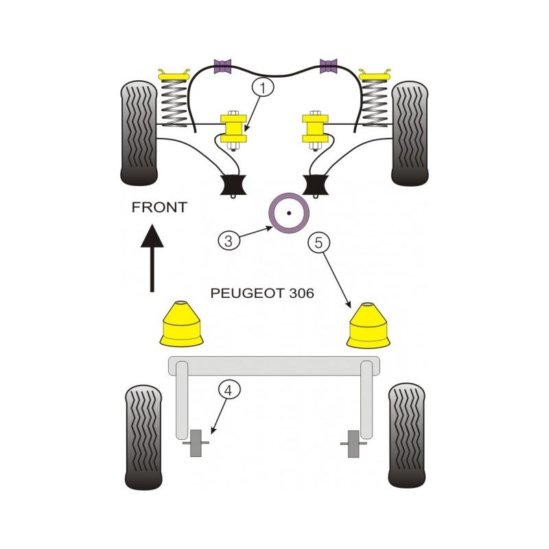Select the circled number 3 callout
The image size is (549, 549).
229,241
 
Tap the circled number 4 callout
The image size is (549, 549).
229,390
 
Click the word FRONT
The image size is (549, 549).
159,207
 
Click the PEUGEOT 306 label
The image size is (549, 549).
261,293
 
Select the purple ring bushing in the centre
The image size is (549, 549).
289,213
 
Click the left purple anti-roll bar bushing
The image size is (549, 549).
223,66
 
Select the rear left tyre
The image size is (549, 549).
144,436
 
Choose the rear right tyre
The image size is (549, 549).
408,436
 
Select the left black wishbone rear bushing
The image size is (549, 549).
233,185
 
